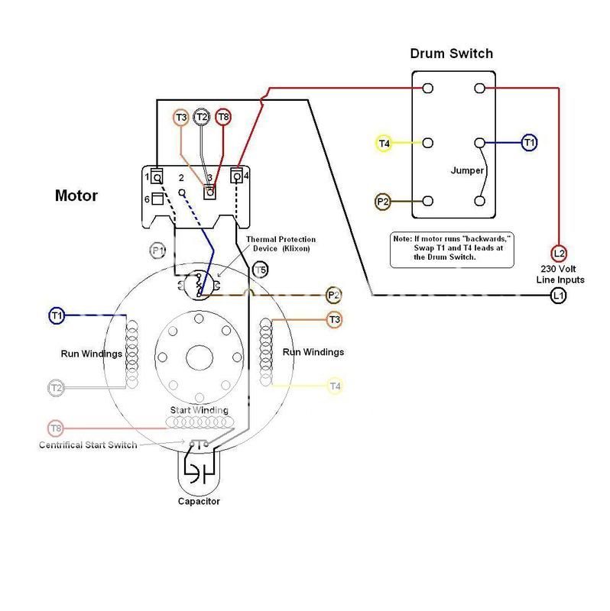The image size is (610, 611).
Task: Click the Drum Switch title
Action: coord(451,53)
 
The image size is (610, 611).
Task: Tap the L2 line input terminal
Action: coord(559,253)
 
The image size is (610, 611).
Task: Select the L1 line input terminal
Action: coord(559,296)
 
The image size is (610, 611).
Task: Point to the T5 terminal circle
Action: coord(260,270)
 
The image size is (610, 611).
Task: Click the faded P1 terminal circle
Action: coord(157,251)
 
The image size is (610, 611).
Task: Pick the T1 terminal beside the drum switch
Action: coord(529,142)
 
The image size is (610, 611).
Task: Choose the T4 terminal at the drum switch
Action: coord(384,143)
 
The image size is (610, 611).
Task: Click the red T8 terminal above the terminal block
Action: coord(223,117)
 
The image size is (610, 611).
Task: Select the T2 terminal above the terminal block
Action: coord(202,117)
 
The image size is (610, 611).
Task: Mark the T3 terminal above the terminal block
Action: coord(180,118)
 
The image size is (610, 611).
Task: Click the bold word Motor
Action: coord(76,196)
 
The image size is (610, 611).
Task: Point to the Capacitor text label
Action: coord(199,502)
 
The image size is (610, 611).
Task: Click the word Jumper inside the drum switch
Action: coord(467,170)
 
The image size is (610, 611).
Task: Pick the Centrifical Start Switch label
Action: coord(88,445)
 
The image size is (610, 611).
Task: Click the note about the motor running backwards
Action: coord(453,248)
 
